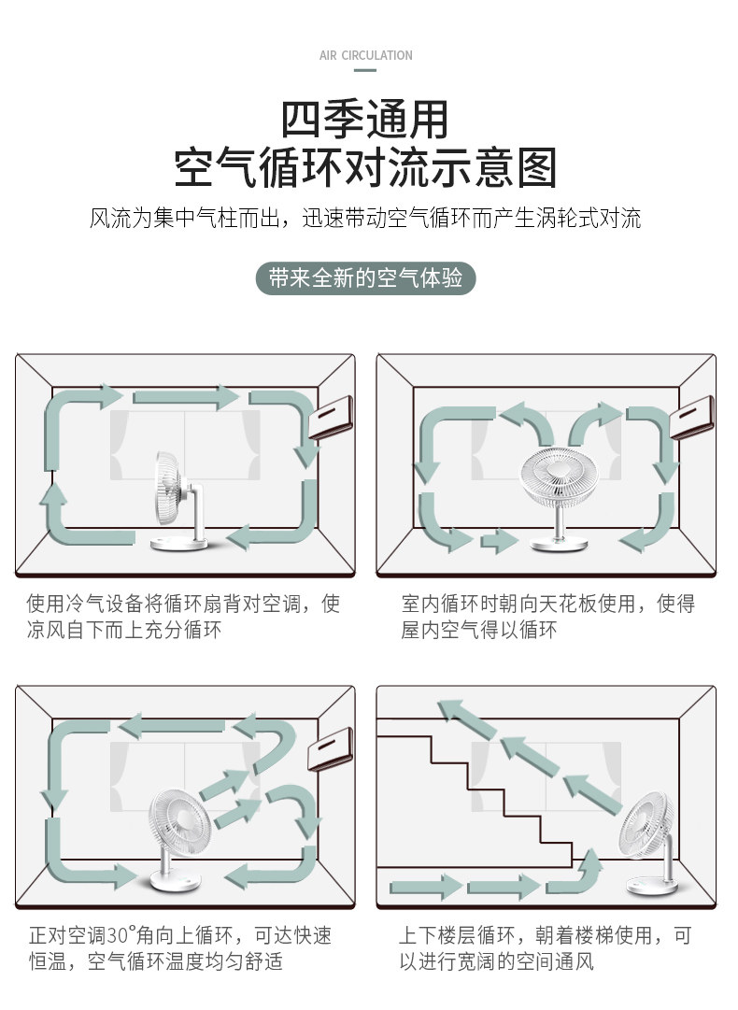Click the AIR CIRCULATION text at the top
365,56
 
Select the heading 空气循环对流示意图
365,168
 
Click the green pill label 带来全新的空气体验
365,278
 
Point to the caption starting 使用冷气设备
183,617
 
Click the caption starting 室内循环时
548,617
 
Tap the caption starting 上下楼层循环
546,947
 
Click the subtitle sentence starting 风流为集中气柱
365,220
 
